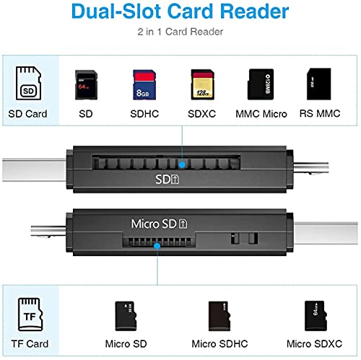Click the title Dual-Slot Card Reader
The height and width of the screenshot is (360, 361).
[x=180, y=12]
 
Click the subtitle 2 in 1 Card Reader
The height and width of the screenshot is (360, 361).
[x=180, y=32]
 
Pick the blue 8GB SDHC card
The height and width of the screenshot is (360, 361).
[x=142, y=85]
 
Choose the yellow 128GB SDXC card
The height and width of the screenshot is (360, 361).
[x=201, y=85]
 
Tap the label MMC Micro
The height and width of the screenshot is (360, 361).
[x=261, y=113]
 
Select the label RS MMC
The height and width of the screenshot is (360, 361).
[x=318, y=113]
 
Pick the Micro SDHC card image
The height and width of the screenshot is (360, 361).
[x=219, y=315]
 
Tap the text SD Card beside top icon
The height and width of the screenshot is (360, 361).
[x=27, y=113]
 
